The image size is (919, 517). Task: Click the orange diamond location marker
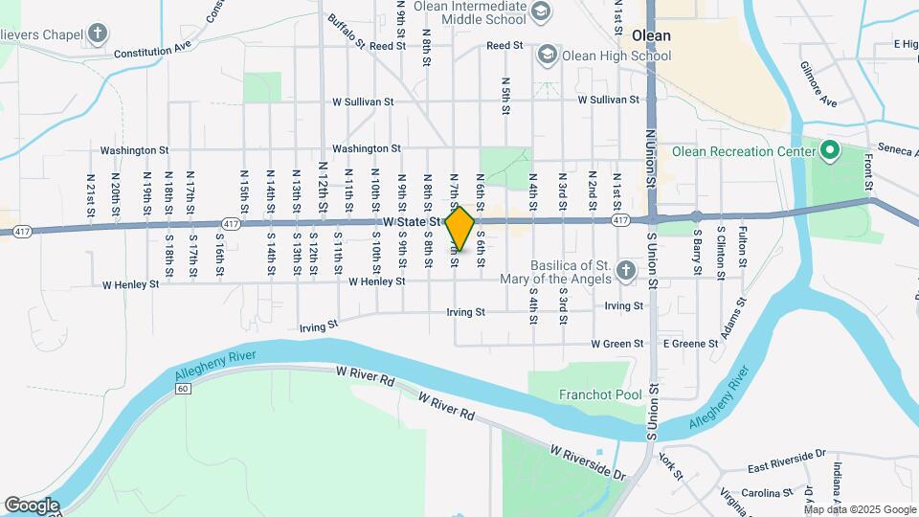coord(459,229)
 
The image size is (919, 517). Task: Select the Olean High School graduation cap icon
coord(547,55)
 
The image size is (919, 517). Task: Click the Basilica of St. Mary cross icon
coord(626,270)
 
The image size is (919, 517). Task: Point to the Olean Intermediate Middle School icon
coord(541,11)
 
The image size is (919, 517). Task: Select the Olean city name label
coord(650,35)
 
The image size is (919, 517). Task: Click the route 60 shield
coord(183,389)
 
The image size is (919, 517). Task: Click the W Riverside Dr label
coord(587,461)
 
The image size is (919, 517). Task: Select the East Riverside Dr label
coord(787,466)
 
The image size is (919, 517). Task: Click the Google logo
coord(32,505)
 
